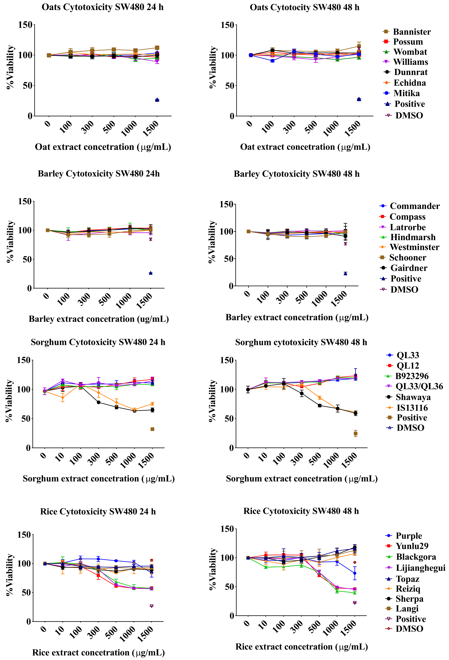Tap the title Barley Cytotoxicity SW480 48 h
point(297,174)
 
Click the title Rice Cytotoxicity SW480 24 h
point(98,511)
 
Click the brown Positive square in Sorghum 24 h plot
point(152,429)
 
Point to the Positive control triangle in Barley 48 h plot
point(345,274)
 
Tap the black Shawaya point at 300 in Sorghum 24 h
point(98,402)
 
